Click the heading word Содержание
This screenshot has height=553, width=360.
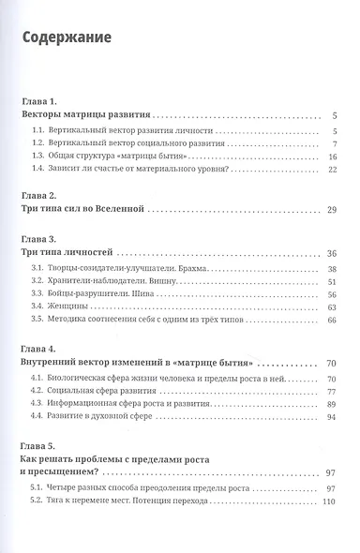point(67,38)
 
